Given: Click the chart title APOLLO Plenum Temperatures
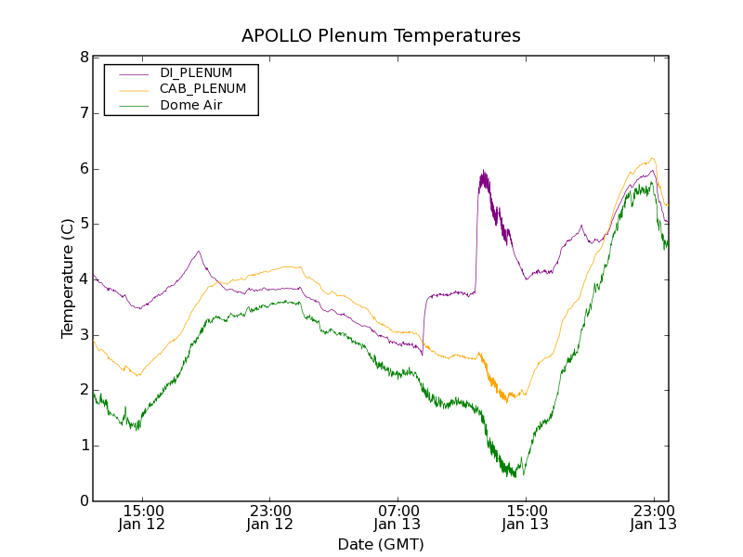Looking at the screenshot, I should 381,36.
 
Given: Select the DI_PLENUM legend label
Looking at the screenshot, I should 196,72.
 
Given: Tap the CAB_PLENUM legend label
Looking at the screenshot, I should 202,89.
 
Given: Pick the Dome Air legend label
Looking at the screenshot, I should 190,106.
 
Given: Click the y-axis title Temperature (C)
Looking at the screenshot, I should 68,278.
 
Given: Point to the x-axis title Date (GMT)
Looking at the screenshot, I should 381,544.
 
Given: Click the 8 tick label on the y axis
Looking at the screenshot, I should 84,58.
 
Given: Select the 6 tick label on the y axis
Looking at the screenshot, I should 84,169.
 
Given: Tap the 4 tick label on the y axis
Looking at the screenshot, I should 84,279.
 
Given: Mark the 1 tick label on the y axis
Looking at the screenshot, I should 84,446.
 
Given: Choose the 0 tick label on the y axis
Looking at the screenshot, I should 84,501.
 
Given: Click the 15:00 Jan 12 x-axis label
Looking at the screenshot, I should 142,518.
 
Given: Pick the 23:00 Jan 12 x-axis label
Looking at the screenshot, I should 270,518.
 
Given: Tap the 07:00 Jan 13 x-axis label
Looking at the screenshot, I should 398,518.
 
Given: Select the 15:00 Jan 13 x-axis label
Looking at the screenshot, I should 526,518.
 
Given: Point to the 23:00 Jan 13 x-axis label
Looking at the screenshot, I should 653,518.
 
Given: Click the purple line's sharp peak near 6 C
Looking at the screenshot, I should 484,172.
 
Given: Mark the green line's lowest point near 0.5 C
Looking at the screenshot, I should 514,476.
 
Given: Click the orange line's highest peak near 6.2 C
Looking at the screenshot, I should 653,158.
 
